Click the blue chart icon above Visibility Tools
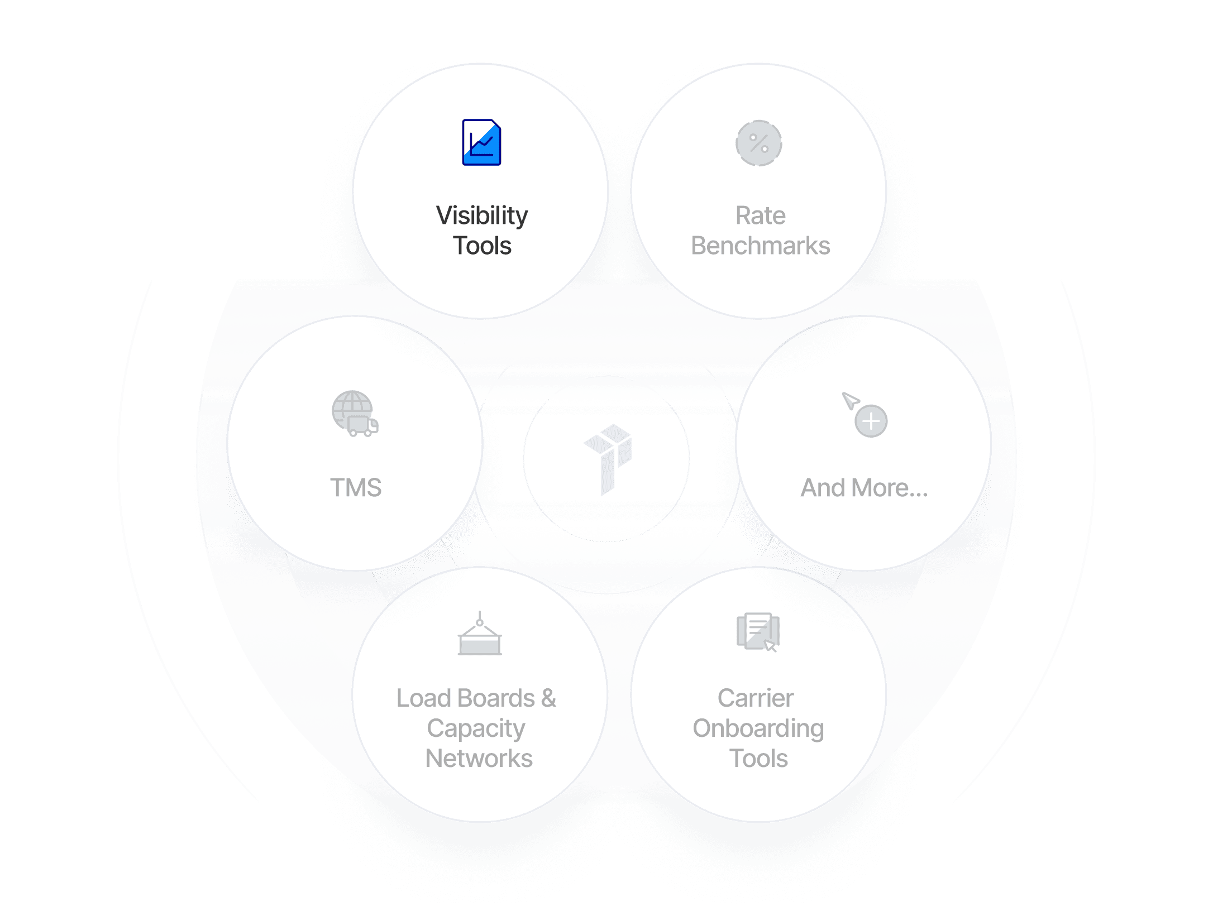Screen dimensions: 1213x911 pos(481,142)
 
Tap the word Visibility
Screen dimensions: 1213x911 pos(482,216)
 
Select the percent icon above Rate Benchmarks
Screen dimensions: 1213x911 pos(758,143)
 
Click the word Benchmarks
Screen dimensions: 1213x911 pos(760,246)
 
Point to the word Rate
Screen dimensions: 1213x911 pos(760,215)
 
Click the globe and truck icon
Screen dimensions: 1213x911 pos(355,414)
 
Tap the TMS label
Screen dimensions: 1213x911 pos(356,487)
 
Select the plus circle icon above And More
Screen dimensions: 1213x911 pos(871,421)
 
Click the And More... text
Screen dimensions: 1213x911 pos(864,487)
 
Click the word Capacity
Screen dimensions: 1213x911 pos(476,728)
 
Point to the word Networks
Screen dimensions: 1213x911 pos(479,759)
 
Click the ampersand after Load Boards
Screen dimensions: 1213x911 pos(548,698)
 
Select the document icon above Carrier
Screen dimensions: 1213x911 pos(757,632)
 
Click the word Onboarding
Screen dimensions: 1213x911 pos(758,728)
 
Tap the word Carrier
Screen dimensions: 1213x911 pos(756,698)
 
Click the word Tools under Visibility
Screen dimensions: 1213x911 pos(482,246)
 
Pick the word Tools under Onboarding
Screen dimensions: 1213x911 pos(758,759)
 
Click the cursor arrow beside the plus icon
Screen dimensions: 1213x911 pos(850,400)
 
